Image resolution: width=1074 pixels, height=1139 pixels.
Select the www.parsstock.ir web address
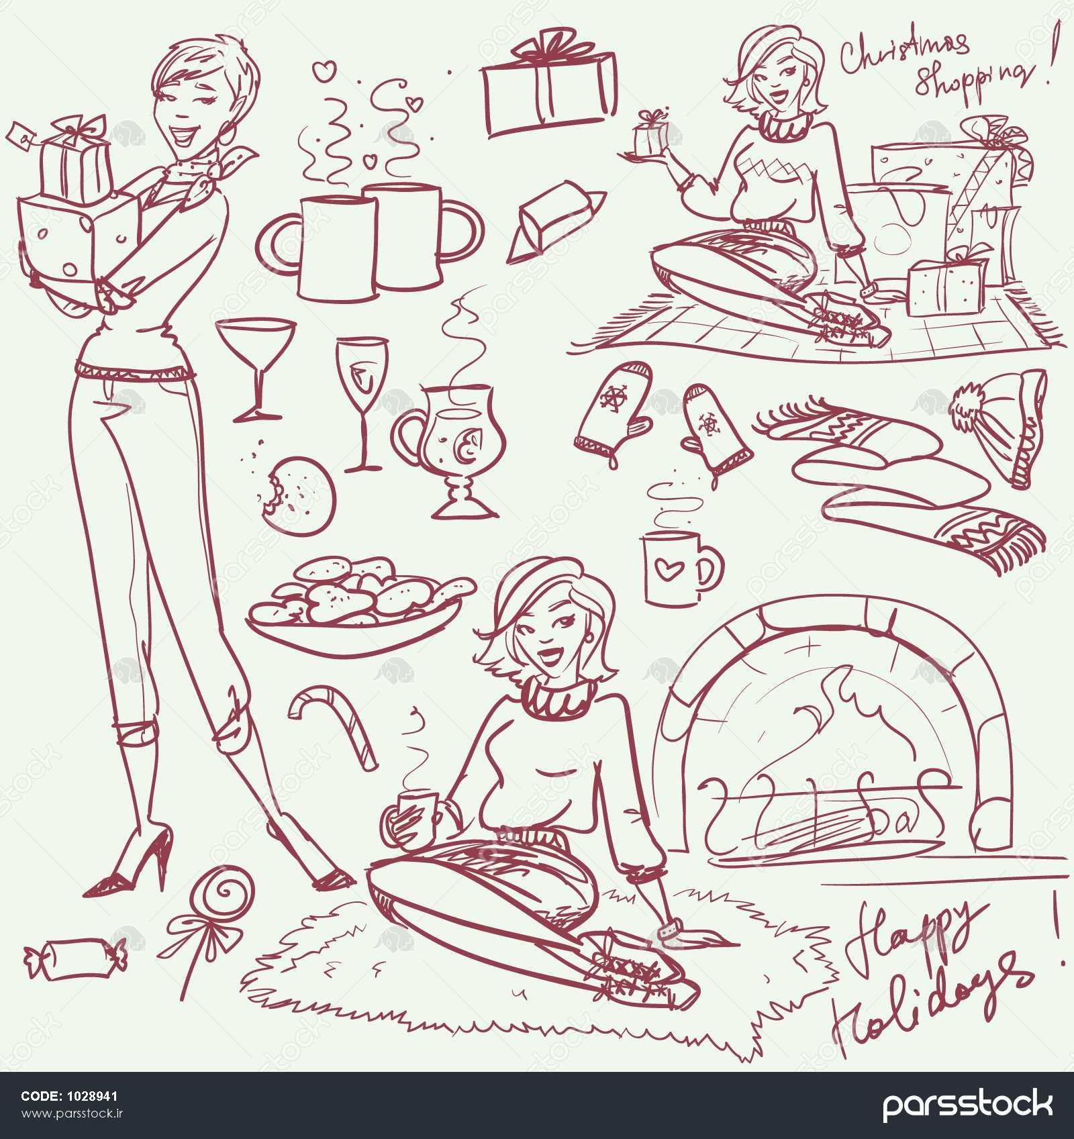[x=74, y=1114]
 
